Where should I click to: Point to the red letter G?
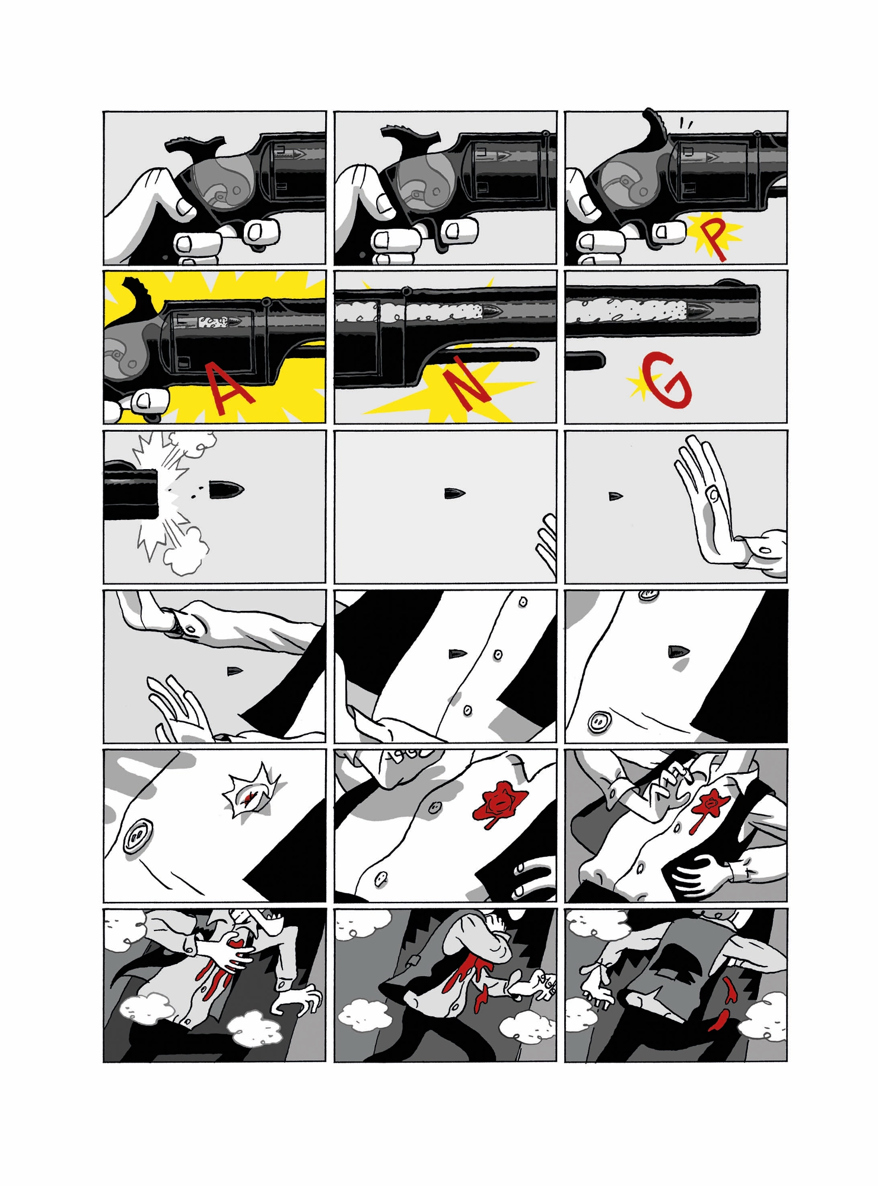pyautogui.click(x=668, y=381)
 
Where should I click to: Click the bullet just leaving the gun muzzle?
pyautogui.click(x=227, y=490)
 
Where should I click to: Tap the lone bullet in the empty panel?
pyautogui.click(x=454, y=493)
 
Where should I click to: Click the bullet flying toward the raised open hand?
pyautogui.click(x=616, y=496)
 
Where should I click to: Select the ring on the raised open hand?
pyautogui.click(x=712, y=493)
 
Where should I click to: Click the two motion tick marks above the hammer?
pyautogui.click(x=686, y=123)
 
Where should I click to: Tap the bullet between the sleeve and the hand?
pyautogui.click(x=235, y=671)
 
